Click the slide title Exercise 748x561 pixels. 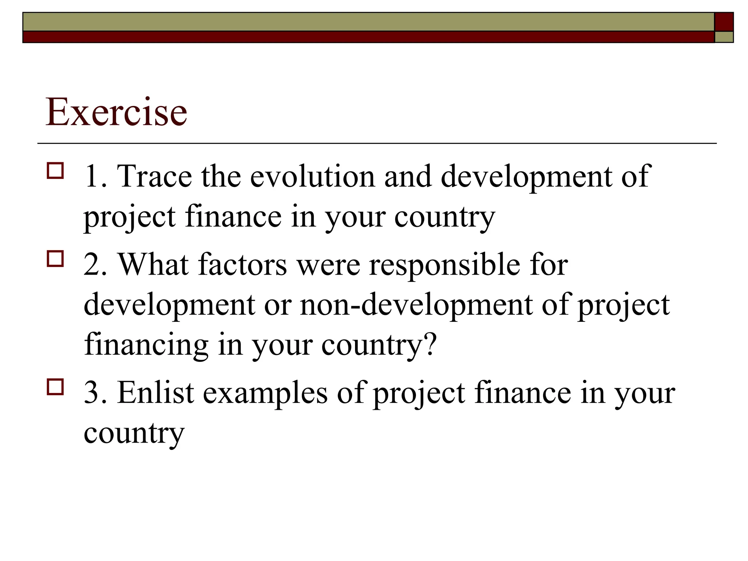116,112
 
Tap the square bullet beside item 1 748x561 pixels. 55,171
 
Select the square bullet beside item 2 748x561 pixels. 55,259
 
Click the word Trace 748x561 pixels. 154,177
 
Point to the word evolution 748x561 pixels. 313,177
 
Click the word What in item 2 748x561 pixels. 153,264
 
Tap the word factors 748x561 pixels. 243,264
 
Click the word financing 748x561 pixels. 146,345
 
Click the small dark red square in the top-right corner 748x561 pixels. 724,22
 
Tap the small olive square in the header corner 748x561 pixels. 724,37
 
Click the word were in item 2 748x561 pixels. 328,265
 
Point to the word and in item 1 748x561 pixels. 408,177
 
